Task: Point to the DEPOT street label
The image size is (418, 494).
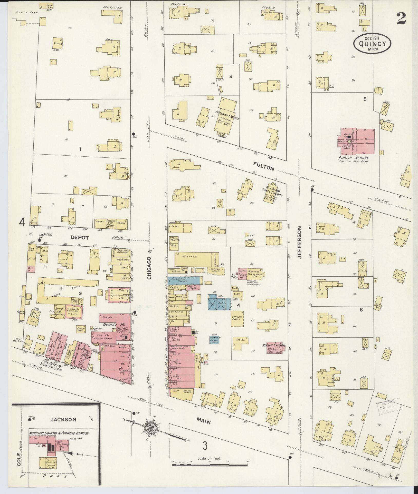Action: click(80, 238)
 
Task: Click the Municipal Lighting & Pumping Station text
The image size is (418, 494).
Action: click(59, 433)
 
